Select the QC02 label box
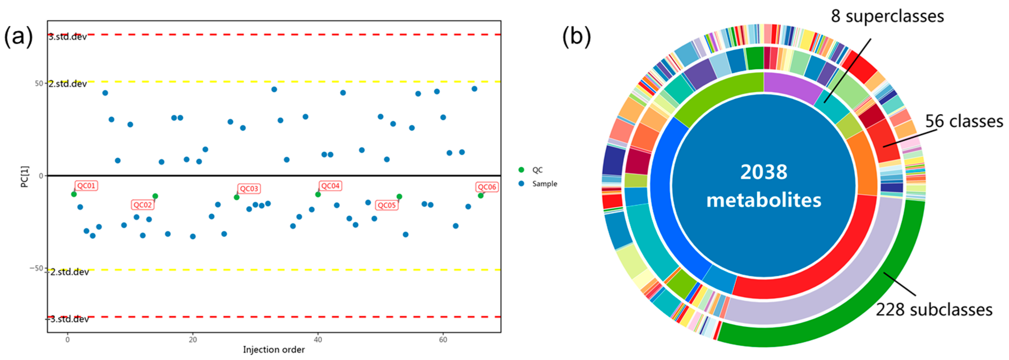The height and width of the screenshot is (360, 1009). point(142,205)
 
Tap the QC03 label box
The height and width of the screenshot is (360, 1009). point(249,189)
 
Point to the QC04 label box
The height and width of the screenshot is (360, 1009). point(330,186)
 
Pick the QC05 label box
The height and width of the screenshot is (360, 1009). point(387,205)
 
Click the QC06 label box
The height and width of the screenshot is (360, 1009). point(487,187)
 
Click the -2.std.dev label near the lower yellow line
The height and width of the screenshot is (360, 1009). point(68,272)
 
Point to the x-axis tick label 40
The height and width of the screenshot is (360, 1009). point(318,340)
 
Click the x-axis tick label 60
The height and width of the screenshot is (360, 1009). point(443,340)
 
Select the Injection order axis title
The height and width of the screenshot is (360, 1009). point(274,350)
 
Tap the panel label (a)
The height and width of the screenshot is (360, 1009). point(18,37)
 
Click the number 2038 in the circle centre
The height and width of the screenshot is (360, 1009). point(763,172)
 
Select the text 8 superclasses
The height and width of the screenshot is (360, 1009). point(887,16)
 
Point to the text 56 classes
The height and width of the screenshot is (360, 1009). point(964,121)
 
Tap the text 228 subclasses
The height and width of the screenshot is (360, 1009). point(934,310)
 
